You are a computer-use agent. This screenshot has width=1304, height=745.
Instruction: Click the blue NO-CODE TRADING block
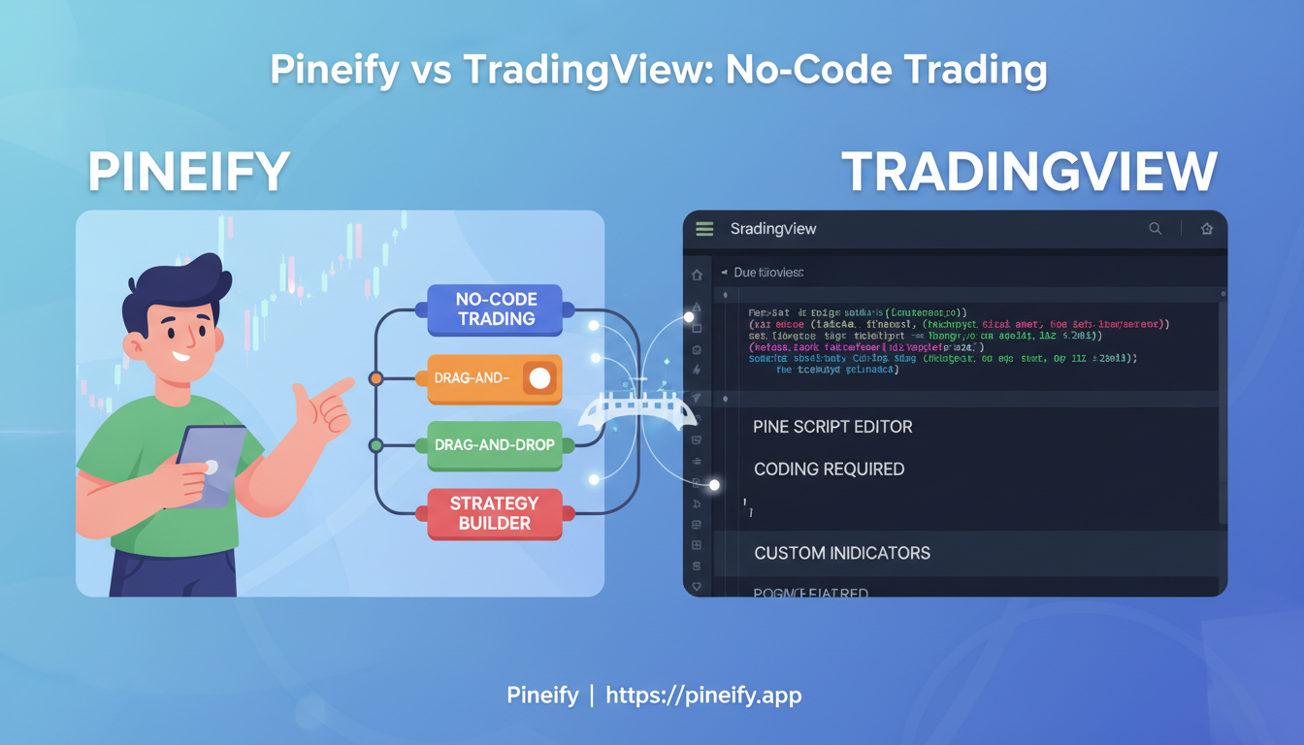[x=495, y=309]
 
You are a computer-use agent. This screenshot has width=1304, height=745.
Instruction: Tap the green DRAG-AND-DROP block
[x=494, y=445]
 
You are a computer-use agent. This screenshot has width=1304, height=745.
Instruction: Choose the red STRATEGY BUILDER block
[x=494, y=513]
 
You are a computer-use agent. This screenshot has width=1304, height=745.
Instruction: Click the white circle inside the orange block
[x=539, y=378]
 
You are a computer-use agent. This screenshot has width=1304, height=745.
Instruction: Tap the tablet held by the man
[x=211, y=465]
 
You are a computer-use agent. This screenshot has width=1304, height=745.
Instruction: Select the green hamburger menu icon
[x=704, y=229]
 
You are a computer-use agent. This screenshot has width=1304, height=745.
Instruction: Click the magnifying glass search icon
[x=1155, y=229]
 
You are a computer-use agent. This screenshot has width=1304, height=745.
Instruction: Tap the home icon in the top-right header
[x=1207, y=229]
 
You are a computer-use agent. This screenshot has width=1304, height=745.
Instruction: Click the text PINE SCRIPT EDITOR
[x=832, y=427]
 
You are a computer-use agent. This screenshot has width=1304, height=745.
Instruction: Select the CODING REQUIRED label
[x=829, y=470]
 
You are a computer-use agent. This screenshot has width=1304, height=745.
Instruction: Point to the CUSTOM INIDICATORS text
[x=841, y=553]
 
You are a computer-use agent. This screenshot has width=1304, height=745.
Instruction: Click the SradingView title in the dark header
[x=773, y=229]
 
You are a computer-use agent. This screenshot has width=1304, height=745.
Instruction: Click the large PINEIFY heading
[x=189, y=173]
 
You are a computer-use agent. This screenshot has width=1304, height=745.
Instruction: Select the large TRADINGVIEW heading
[x=1028, y=173]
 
